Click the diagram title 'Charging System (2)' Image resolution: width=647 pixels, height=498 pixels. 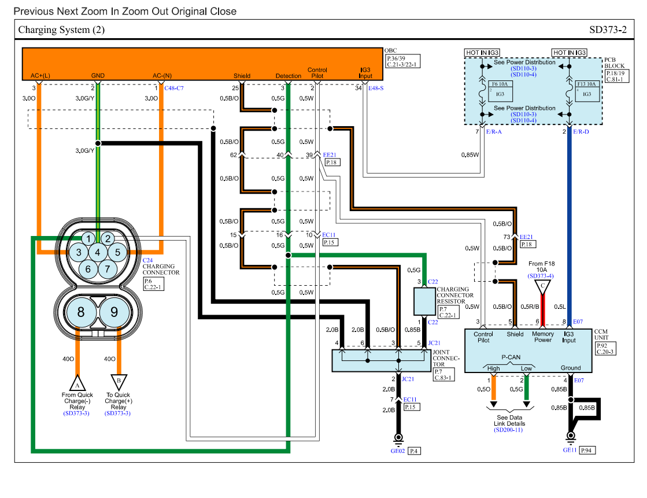click(61, 29)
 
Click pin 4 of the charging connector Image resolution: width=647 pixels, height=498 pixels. click(98, 252)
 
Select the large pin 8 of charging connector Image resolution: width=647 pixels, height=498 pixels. click(81, 312)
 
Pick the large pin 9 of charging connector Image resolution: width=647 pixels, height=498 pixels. click(114, 312)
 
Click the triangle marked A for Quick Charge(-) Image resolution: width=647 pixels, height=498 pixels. click(77, 382)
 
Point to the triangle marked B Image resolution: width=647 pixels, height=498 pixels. click(118, 381)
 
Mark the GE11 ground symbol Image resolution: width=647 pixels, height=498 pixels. click(571, 436)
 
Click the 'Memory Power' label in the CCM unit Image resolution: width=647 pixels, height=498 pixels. click(543, 337)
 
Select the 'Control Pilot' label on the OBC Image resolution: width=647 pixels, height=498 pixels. click(317, 72)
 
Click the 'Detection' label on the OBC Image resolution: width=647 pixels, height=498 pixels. click(288, 76)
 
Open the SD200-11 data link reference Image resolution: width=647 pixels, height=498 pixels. click(509, 430)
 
